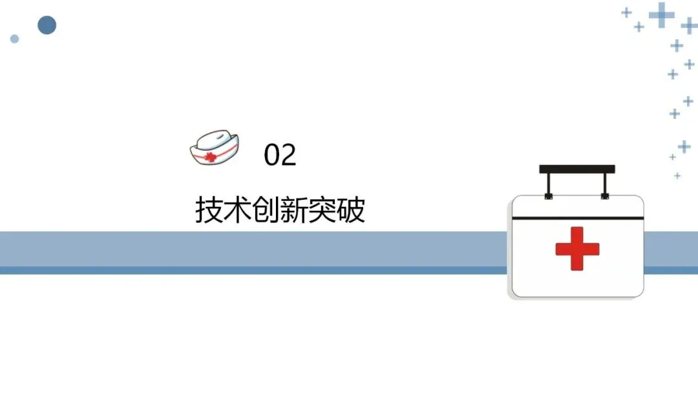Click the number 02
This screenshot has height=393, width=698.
[280, 155]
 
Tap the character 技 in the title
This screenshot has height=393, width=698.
[209, 210]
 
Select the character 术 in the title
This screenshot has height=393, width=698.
[237, 210]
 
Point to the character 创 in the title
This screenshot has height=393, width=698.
[266, 210]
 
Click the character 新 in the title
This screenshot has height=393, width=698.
[294, 210]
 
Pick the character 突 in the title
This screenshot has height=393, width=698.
[323, 210]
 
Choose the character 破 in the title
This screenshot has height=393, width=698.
[351, 210]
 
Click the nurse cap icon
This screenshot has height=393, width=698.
[214, 147]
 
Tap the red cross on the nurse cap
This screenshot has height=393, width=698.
[210, 156]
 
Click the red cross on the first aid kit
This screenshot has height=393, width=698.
[577, 248]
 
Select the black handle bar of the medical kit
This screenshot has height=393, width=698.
[577, 169]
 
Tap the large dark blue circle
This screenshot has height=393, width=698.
[47, 25]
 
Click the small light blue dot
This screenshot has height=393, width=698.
[14, 39]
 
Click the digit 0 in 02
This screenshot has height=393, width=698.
[272, 155]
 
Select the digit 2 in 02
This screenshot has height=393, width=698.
[288, 155]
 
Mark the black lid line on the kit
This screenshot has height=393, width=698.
[577, 218]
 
